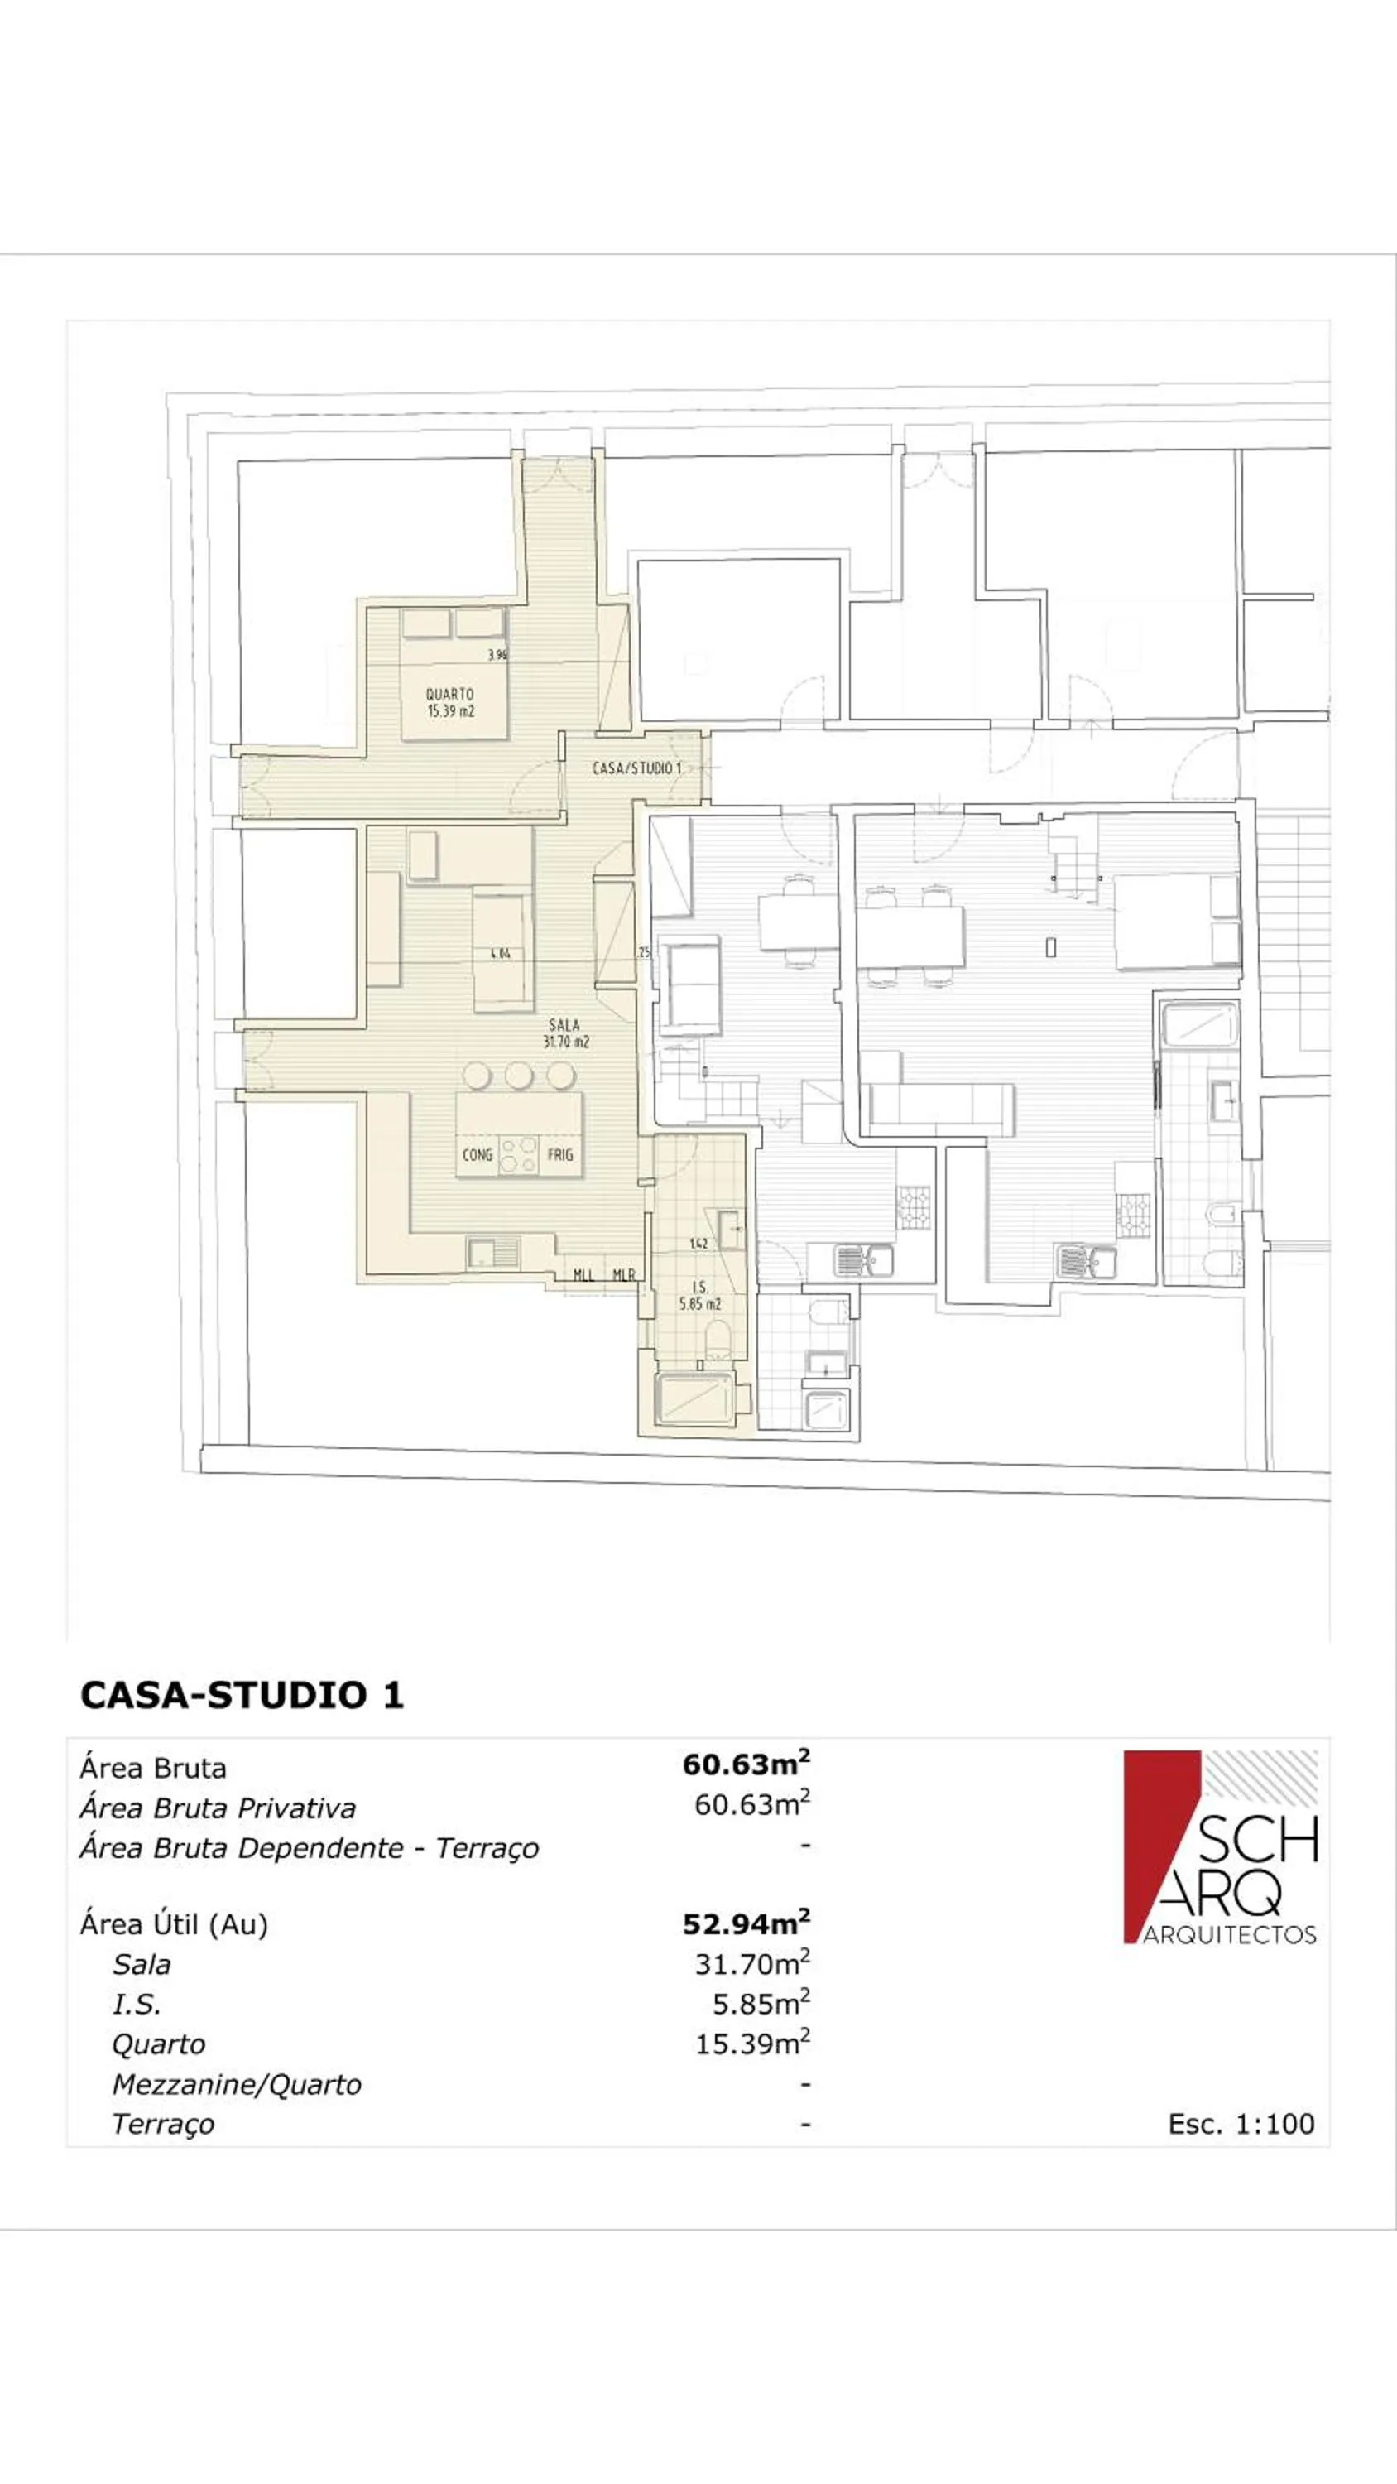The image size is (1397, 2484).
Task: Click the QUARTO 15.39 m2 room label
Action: coord(450,703)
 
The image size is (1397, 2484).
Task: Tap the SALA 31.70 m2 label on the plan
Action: coord(566,1033)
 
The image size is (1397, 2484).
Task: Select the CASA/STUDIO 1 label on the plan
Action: coord(636,768)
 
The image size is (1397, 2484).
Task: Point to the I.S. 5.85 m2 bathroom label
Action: coord(700,1295)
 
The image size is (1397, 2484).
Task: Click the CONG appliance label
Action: coord(478,1154)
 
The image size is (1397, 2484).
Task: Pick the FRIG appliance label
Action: coord(560,1154)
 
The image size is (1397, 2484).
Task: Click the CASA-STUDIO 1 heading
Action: coord(242,1695)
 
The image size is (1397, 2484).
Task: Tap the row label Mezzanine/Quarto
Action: coord(236,2084)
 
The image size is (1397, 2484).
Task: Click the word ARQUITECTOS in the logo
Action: coord(1229,1935)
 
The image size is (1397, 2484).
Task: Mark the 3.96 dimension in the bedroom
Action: coord(497,655)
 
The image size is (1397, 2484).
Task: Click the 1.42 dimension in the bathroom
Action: coord(699,1243)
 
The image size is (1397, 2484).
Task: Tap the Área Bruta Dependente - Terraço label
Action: coord(310,1849)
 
